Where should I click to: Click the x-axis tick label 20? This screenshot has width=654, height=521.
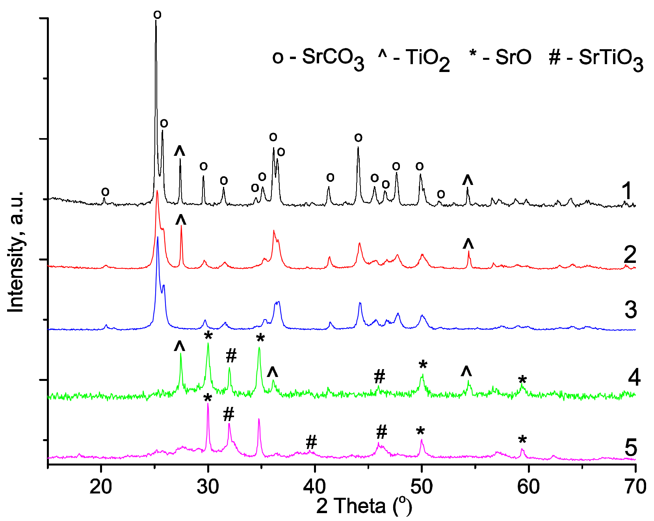click(x=101, y=487)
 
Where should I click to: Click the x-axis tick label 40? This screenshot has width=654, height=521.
click(x=315, y=487)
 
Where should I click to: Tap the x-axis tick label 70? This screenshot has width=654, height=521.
click(x=635, y=487)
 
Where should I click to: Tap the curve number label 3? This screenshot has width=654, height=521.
click(x=630, y=310)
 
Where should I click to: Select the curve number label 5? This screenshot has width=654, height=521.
click(x=630, y=447)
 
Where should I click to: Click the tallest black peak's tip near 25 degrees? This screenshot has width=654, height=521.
click(x=156, y=20)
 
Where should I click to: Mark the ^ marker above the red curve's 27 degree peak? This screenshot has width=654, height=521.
click(x=181, y=220)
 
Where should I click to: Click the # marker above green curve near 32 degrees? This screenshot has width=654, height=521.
click(x=231, y=356)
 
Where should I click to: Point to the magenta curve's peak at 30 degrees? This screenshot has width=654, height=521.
click(x=208, y=404)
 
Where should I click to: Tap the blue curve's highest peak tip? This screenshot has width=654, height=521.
click(x=158, y=237)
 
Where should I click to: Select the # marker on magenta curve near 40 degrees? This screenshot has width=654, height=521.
click(x=311, y=443)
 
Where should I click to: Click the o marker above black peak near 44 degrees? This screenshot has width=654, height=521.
click(x=358, y=138)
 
